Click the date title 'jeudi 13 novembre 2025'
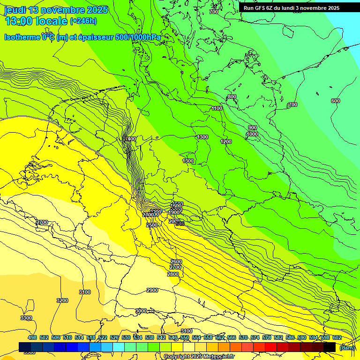[x=56, y=10]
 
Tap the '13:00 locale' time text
[x=36, y=21]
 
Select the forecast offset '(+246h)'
[x=83, y=21]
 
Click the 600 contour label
[x=335, y=101]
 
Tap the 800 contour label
[x=232, y=97]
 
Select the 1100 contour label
[x=217, y=108]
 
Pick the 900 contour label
[x=253, y=127]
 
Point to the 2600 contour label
[x=176, y=261]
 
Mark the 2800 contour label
[x=173, y=274]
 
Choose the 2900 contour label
[x=152, y=290]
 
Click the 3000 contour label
[x=141, y=311]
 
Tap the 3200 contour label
[x=62, y=300]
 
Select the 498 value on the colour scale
[x=32, y=337]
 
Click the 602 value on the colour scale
[x=337, y=337]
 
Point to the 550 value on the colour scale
[x=185, y=337]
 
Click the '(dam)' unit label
[x=346, y=347]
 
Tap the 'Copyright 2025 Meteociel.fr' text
[x=199, y=356]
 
